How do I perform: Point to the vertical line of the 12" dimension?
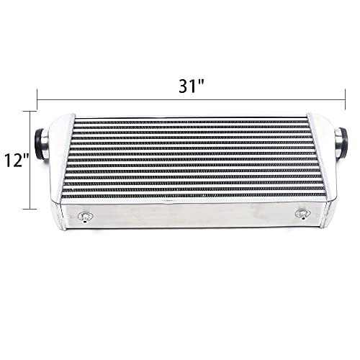(x=30, y=160)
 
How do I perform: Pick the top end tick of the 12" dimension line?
(x=30, y=112)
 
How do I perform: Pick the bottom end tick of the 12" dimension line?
(x=30, y=208)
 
